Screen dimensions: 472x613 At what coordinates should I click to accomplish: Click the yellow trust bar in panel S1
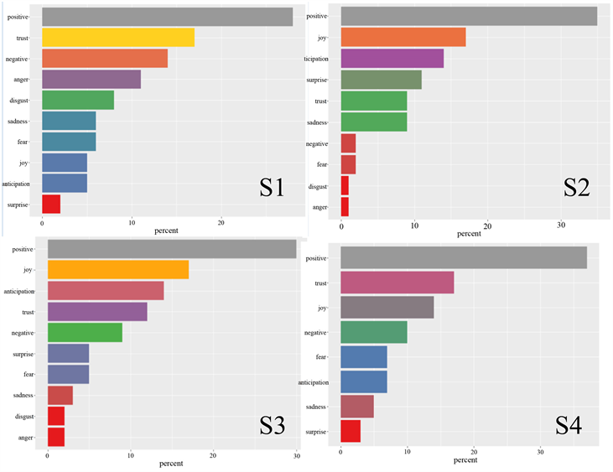click(117, 38)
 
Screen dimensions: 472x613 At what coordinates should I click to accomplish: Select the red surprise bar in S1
click(51, 204)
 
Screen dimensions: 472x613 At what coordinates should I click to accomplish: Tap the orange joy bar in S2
click(403, 38)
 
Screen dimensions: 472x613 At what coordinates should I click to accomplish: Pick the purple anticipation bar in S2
click(392, 59)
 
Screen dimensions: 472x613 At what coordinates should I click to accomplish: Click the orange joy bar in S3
click(117, 270)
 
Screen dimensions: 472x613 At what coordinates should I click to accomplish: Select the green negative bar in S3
click(85, 332)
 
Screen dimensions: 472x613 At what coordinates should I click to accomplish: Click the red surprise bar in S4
click(351, 431)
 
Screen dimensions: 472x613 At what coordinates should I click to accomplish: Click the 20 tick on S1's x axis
click(221, 223)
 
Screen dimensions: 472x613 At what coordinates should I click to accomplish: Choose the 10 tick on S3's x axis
click(131, 456)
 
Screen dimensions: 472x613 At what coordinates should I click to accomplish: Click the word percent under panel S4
click(465, 460)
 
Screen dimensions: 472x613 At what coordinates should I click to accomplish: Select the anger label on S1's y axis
click(21, 80)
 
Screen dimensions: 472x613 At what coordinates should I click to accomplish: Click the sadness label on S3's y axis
click(23, 395)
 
